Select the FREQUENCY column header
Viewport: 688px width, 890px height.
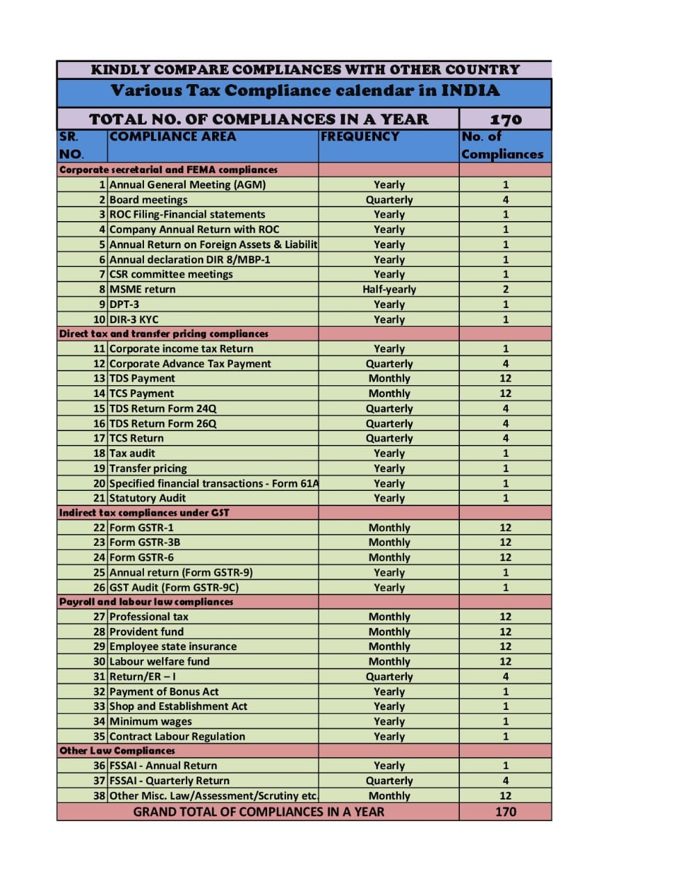click(x=360, y=137)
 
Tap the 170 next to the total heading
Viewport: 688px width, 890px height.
click(x=505, y=120)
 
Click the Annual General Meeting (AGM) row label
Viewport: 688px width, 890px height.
click(x=187, y=185)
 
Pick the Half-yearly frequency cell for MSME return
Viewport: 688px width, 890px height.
click(x=389, y=289)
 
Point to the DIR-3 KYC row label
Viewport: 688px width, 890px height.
click(x=134, y=320)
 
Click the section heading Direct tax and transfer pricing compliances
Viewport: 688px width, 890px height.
click(x=163, y=334)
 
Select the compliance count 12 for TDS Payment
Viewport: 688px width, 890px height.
click(x=505, y=378)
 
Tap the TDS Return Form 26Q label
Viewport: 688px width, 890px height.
click(x=163, y=423)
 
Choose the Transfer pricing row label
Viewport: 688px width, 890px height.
click(x=148, y=469)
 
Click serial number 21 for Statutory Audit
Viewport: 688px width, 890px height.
click(x=99, y=498)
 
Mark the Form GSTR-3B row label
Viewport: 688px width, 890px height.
click(x=145, y=542)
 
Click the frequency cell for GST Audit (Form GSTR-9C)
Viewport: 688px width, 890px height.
click(x=389, y=588)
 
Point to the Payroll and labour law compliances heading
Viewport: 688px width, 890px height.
click(x=146, y=602)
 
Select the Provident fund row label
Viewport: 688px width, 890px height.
click(x=146, y=632)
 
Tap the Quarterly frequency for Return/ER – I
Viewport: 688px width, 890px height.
click(x=389, y=677)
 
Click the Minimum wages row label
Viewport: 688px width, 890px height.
click(x=150, y=722)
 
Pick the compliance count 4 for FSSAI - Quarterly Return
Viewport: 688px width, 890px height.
click(x=505, y=781)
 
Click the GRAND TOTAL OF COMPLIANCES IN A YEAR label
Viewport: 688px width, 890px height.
click(x=258, y=812)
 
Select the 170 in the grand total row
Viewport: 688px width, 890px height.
click(x=505, y=812)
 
